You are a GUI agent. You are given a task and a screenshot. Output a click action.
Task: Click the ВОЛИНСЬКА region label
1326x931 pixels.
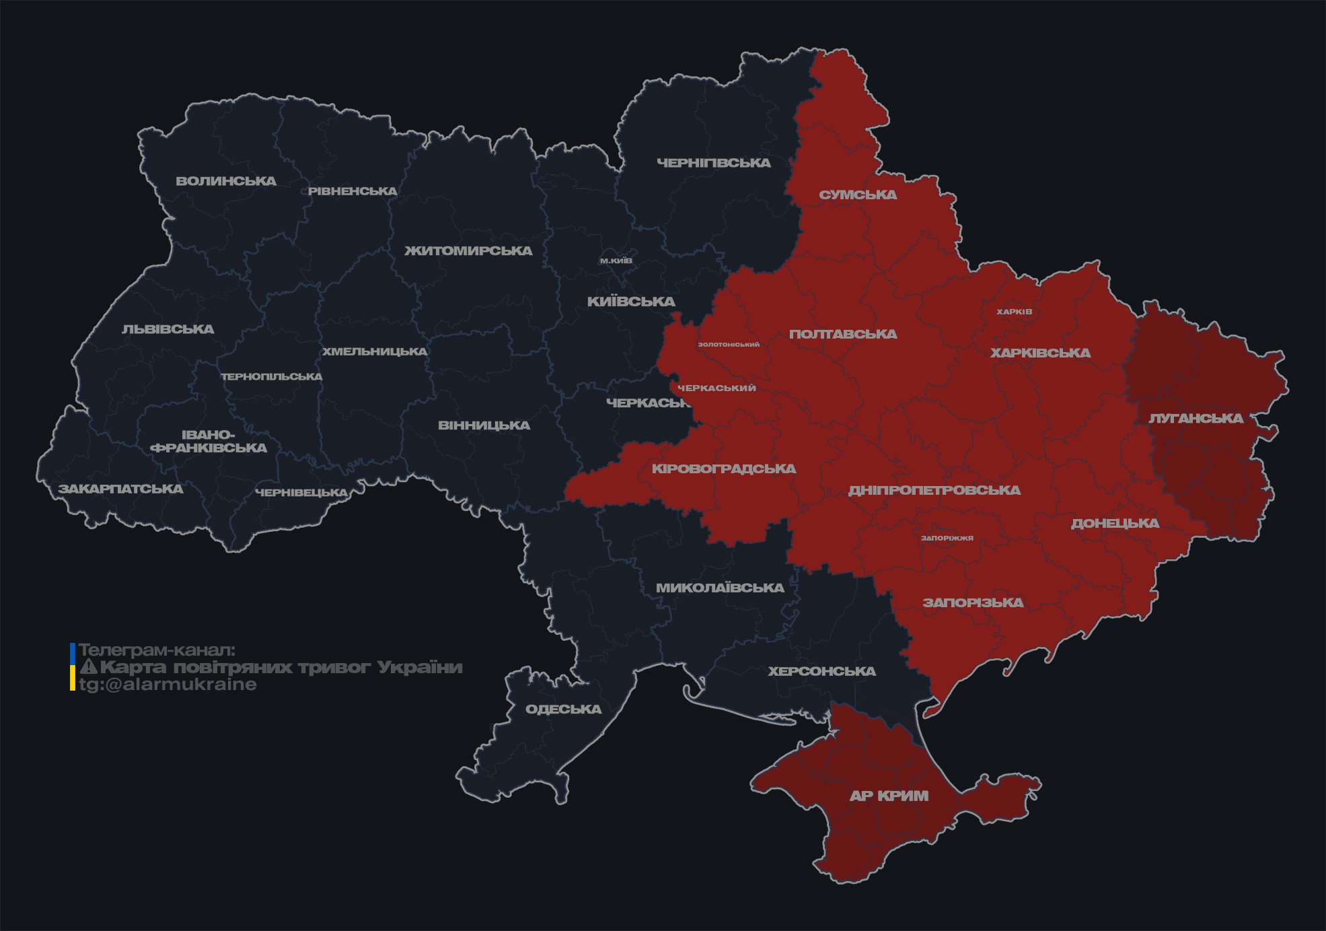226,181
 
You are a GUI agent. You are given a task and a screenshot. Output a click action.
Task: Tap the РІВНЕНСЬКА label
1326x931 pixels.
353,191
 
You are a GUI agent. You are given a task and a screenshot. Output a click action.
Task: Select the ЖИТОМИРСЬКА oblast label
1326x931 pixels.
468,251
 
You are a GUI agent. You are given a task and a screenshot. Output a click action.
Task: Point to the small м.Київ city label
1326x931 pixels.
616,261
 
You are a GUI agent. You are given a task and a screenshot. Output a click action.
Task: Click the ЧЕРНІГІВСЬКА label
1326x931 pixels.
714,163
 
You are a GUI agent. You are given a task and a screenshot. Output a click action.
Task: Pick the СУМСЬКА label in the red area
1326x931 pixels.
858,195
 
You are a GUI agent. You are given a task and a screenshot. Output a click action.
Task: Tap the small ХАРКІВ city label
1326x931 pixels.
1014,312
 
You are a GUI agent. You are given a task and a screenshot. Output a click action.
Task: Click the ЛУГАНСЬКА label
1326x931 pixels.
1195,419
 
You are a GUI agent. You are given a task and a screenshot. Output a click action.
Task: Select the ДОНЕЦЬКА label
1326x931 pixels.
1115,524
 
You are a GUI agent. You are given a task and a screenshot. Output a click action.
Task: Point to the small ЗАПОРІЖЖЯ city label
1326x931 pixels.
947,538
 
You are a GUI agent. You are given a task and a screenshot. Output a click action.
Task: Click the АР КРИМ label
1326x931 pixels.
889,796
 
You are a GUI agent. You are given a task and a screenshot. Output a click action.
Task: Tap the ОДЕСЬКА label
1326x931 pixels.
563,710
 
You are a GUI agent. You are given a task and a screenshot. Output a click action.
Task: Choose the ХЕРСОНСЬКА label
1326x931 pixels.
821,672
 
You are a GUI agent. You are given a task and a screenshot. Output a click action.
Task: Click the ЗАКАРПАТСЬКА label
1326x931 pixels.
120,489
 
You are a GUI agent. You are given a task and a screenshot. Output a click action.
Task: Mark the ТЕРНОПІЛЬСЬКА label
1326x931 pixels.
272,377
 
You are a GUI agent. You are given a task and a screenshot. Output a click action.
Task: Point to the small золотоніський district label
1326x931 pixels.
729,345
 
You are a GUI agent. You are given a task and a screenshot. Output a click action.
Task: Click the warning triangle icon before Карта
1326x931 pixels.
88,667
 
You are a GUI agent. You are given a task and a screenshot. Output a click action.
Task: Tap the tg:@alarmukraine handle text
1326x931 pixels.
168,685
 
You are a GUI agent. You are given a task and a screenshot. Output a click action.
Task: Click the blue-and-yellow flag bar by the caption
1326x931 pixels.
73,667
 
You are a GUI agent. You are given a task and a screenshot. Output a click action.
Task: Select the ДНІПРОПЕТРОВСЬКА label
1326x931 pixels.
934,491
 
